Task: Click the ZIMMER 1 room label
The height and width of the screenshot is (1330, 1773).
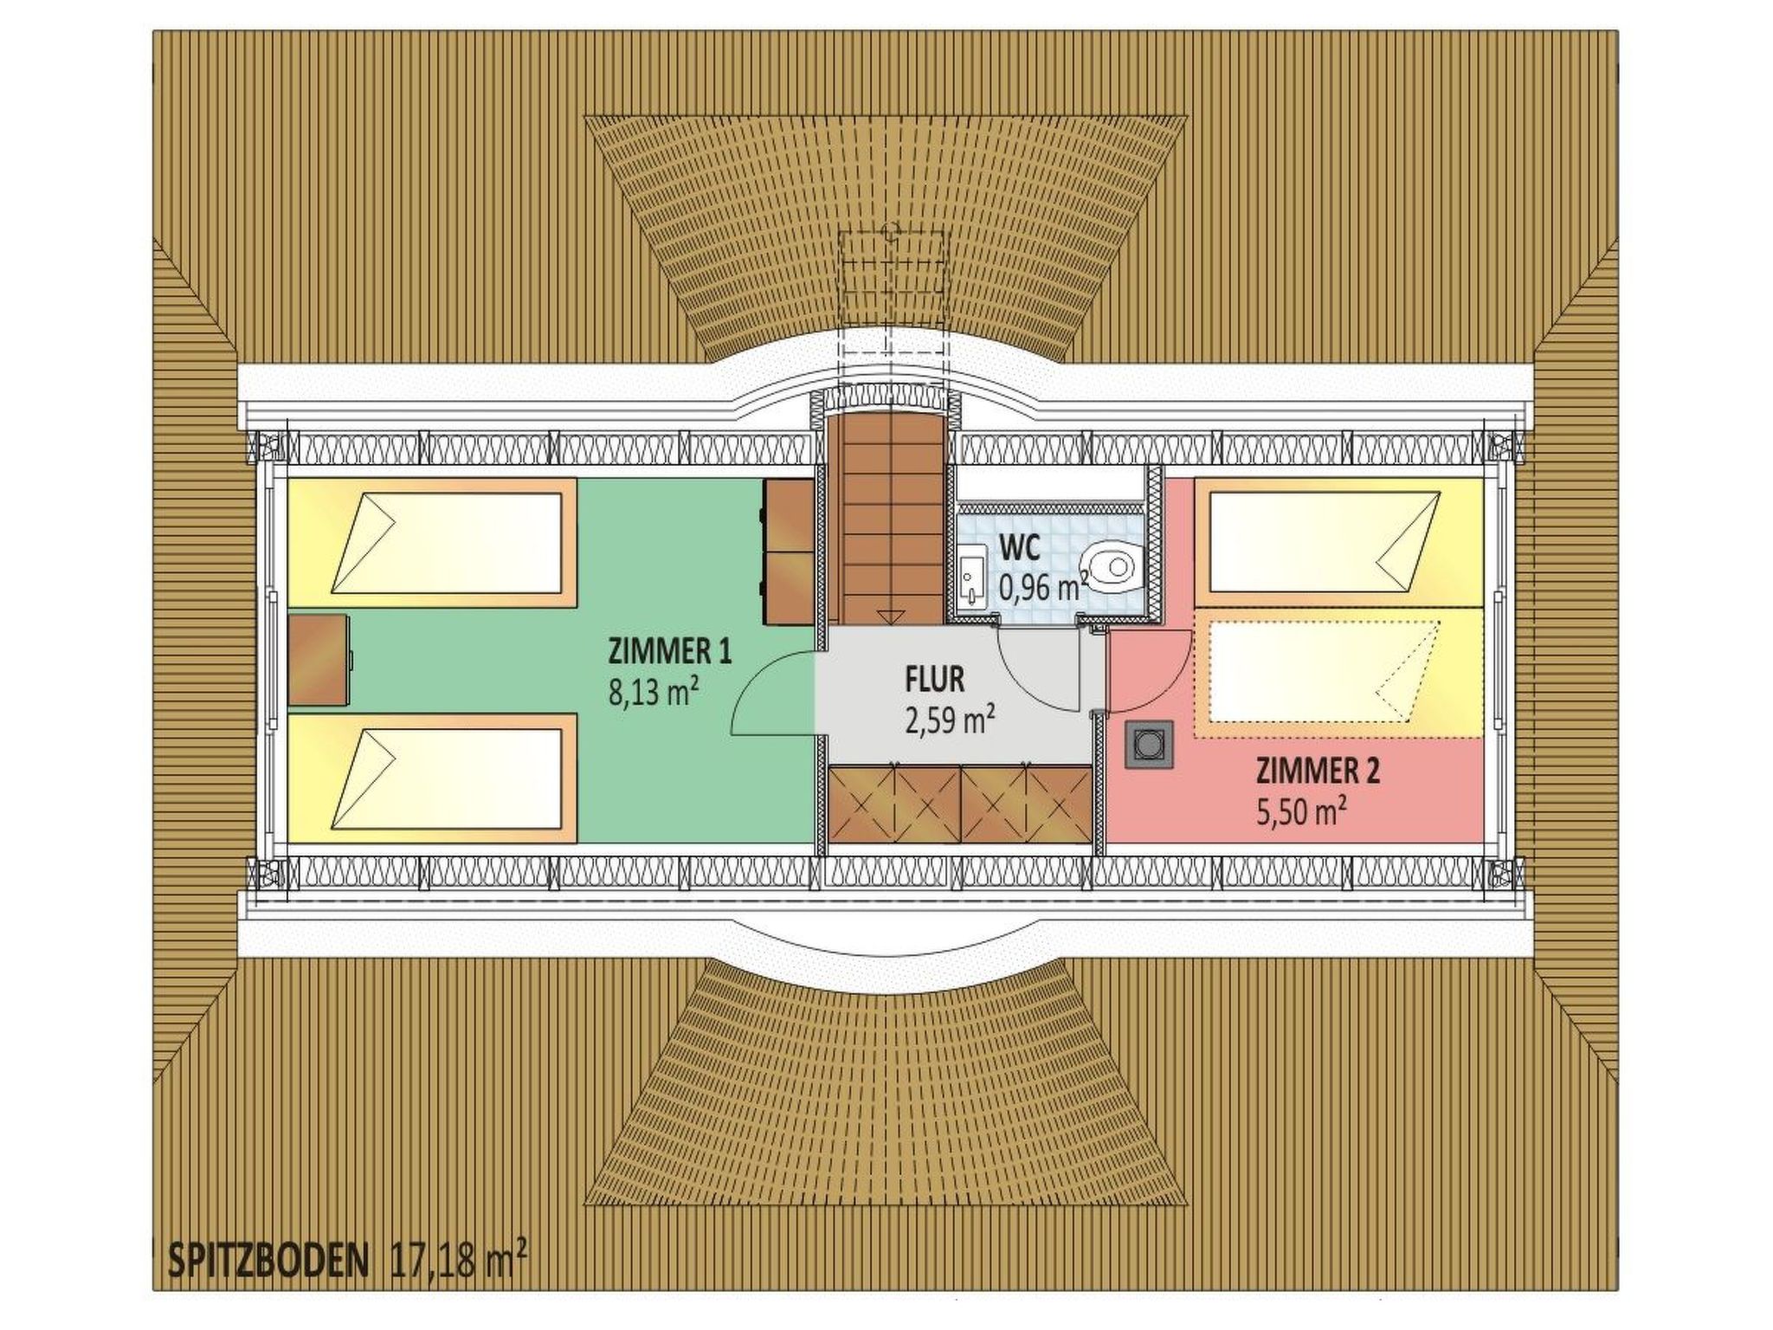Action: pos(670,650)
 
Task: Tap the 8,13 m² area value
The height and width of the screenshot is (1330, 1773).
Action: pos(654,693)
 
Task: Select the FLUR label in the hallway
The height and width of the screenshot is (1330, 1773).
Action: pos(934,679)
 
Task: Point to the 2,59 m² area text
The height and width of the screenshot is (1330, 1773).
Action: pos(949,720)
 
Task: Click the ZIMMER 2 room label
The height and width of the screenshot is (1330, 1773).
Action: pos(1318,770)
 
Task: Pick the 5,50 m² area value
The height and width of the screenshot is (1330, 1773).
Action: pos(1301,812)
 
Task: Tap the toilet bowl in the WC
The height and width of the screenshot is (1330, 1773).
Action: pos(1113,567)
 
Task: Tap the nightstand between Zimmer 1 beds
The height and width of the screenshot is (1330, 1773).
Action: pos(319,659)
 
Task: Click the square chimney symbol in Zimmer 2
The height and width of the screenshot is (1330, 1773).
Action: pos(1149,745)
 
